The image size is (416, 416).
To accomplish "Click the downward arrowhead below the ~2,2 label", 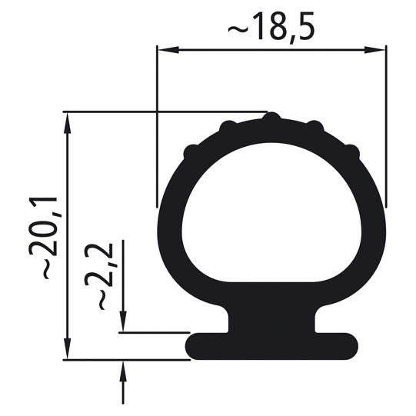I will point(124,327).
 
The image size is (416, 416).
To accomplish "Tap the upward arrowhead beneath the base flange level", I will point(124,367).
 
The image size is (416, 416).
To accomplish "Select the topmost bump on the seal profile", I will point(271,118).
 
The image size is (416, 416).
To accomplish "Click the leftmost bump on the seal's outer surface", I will point(191,152).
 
